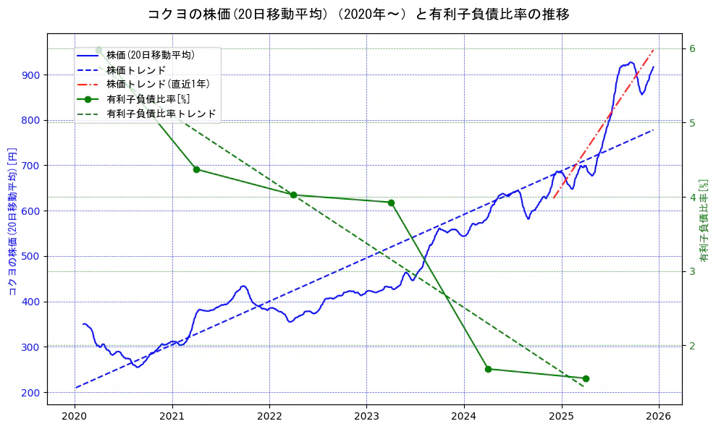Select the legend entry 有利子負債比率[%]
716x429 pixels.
[148, 98]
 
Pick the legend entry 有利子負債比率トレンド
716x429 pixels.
[161, 114]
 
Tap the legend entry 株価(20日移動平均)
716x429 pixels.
[150, 54]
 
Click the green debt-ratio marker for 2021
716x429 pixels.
[196, 169]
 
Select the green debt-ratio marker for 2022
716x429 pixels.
[293, 195]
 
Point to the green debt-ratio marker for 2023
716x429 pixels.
[391, 203]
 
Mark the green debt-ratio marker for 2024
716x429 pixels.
[488, 369]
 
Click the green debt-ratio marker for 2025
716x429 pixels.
[586, 378]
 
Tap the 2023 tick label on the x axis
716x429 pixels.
[366, 417]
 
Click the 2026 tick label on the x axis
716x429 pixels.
[658, 417]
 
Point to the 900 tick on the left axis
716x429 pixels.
[32, 75]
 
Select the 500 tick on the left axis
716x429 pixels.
[32, 256]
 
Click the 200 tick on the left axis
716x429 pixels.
[32, 392]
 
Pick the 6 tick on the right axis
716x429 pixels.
[692, 48]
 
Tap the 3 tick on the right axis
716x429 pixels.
[692, 271]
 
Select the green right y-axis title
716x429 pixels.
[704, 221]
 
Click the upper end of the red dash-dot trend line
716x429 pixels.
[654, 50]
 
